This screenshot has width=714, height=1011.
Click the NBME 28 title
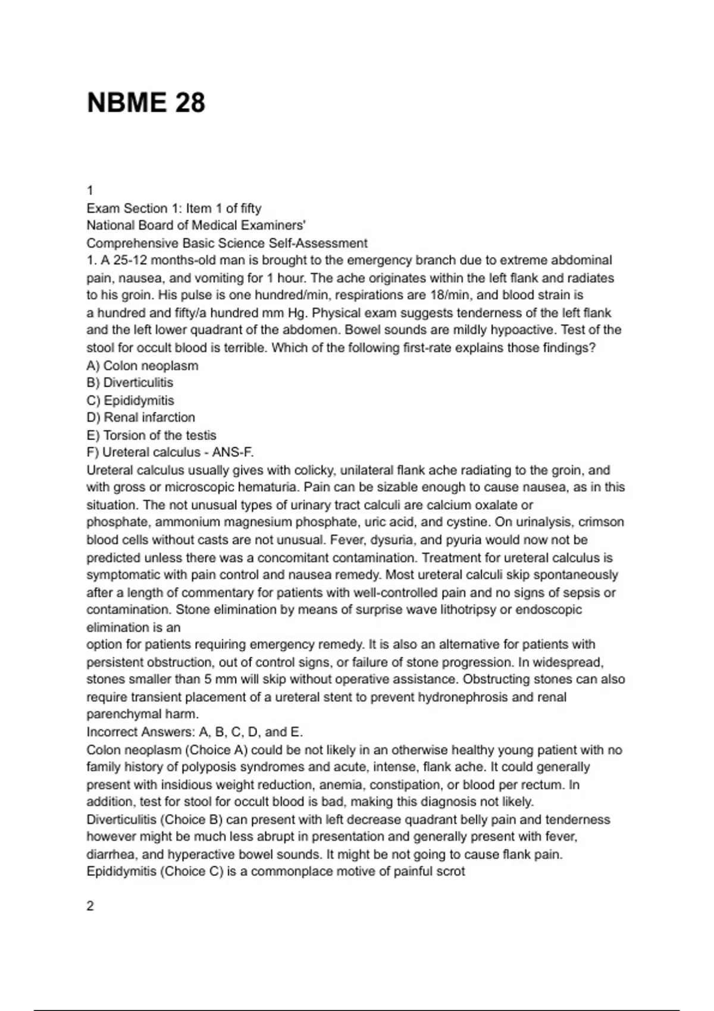coord(146,102)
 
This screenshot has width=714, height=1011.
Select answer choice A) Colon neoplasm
coord(142,365)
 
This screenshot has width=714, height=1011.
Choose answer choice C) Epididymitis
coord(130,400)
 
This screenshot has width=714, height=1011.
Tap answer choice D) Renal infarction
coord(140,417)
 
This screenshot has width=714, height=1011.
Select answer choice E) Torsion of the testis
coord(151,435)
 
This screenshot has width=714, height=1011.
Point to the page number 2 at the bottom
coord(90,906)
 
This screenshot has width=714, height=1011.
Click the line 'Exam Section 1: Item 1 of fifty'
coord(174,208)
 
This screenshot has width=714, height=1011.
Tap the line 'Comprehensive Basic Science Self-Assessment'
coord(227,243)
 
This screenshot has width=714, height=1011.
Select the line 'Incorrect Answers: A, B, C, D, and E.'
coord(195,731)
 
